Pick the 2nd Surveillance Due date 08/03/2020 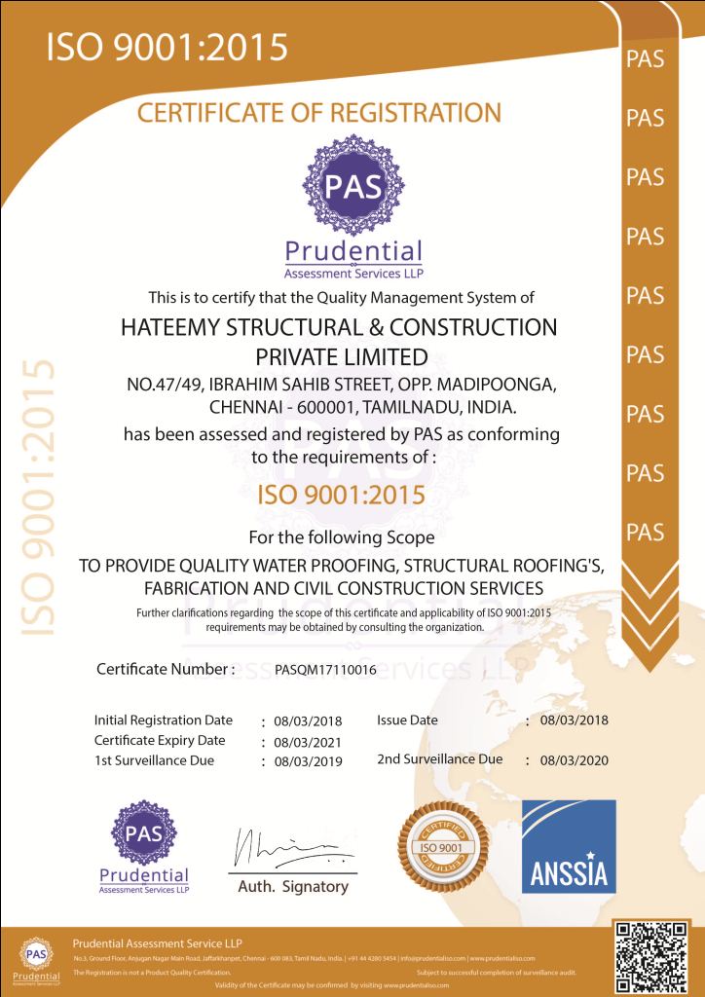coord(573,760)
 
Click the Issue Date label coord(407,720)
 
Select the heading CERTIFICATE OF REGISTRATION coord(319,113)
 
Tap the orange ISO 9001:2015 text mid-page coord(340,495)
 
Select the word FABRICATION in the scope coord(199,588)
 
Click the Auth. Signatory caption coord(293,887)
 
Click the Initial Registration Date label coord(163,720)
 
